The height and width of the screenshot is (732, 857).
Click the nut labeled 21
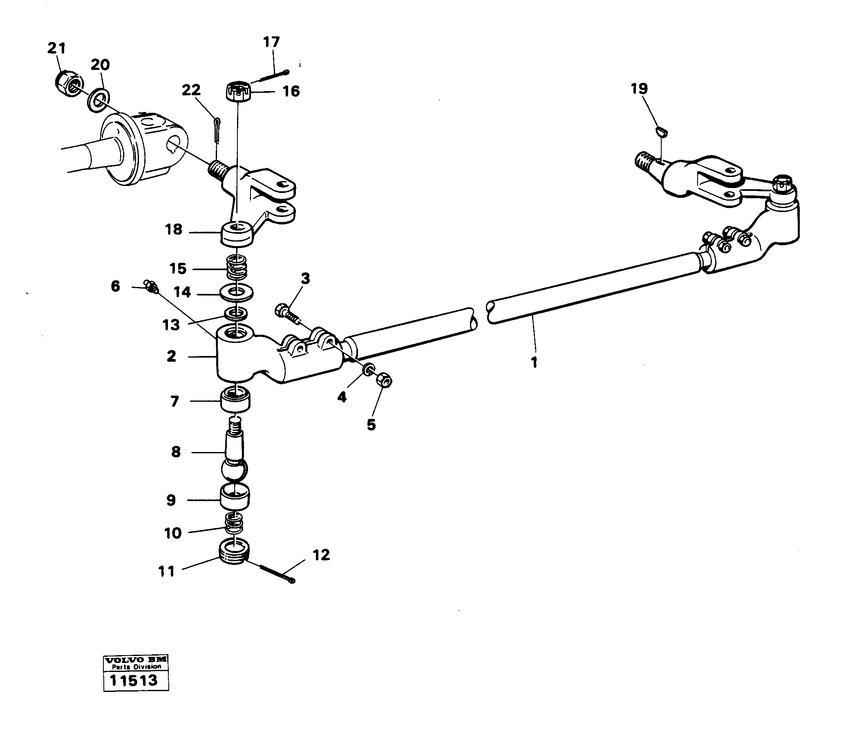(68, 83)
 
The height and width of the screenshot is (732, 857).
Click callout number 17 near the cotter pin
(271, 42)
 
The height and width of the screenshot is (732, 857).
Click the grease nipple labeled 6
(150, 286)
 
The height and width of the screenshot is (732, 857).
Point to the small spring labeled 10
(234, 524)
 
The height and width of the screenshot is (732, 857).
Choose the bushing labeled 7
(236, 399)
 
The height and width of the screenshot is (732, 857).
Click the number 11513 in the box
(133, 681)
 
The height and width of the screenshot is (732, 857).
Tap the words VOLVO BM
(135, 660)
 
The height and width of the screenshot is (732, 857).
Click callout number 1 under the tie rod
(534, 362)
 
